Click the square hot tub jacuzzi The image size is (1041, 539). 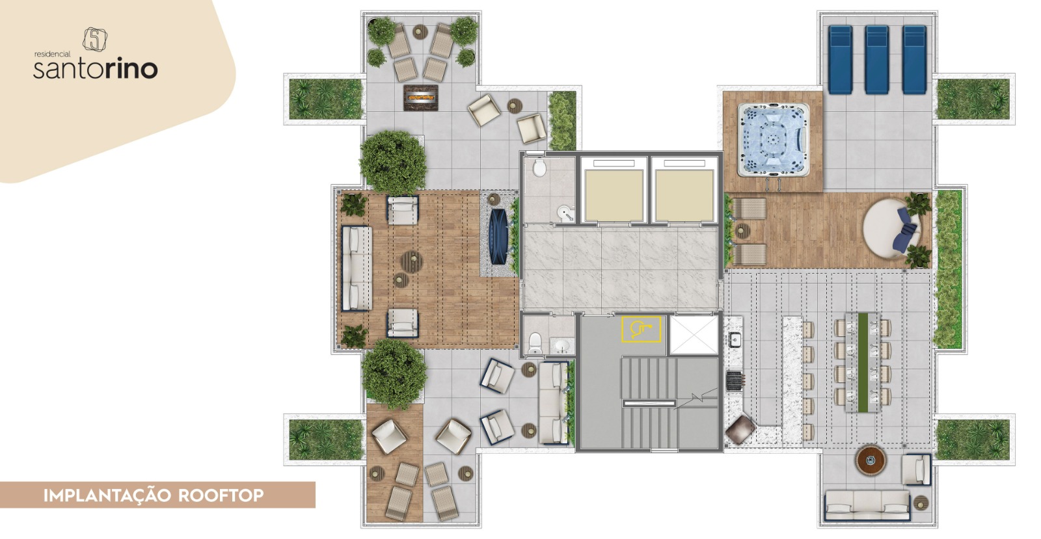(x=773, y=140)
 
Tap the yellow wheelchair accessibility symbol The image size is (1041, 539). (x=642, y=329)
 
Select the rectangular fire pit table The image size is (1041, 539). (x=421, y=98)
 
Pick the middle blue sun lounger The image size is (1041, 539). (x=877, y=59)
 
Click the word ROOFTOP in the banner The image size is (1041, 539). (x=221, y=496)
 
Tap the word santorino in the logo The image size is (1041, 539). (x=95, y=69)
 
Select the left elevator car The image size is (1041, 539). (x=614, y=195)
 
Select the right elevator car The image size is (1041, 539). (x=684, y=195)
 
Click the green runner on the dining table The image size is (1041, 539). (x=863, y=362)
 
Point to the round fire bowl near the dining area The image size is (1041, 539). (x=871, y=460)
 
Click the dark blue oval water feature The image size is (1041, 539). (x=498, y=237)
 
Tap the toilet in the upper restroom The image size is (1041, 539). (x=539, y=168)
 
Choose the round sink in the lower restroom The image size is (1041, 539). (x=563, y=345)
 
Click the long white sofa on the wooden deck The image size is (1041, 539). (x=357, y=269)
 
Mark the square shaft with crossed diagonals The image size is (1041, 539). (x=694, y=335)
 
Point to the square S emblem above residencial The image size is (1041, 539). (x=95, y=40)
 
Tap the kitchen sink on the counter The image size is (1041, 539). (x=735, y=340)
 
